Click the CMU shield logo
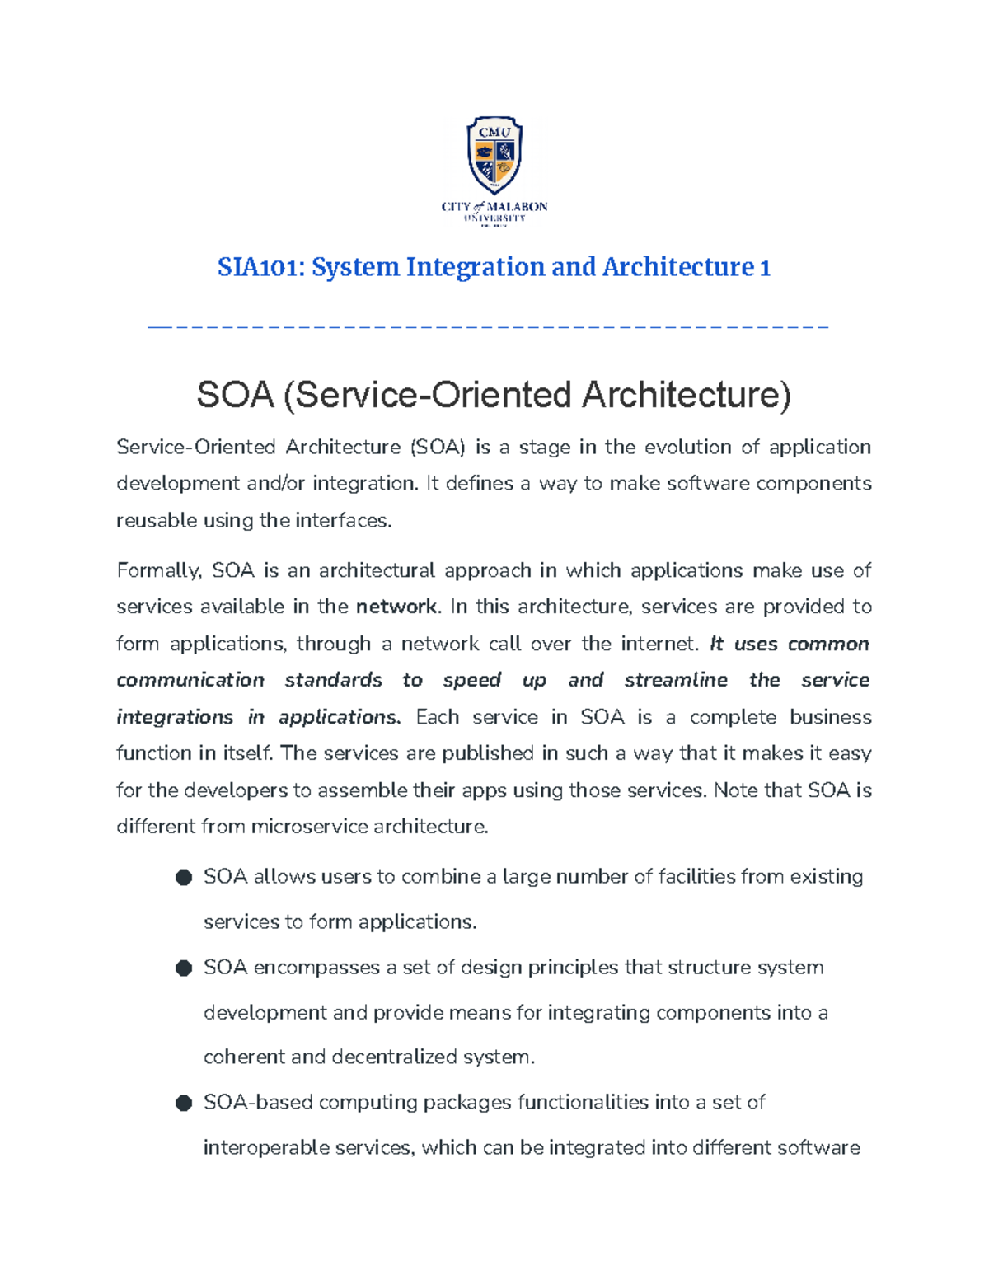click(x=494, y=154)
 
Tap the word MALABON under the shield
click(x=517, y=207)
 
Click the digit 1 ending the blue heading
click(x=765, y=267)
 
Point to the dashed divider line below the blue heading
click(x=488, y=328)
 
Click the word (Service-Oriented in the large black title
click(x=429, y=395)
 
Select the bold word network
click(x=396, y=607)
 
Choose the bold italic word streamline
click(x=676, y=680)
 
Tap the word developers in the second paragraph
click(x=235, y=790)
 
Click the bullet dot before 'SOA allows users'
click(x=184, y=877)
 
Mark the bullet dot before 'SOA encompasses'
click(x=184, y=968)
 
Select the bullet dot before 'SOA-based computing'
click(x=184, y=1103)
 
